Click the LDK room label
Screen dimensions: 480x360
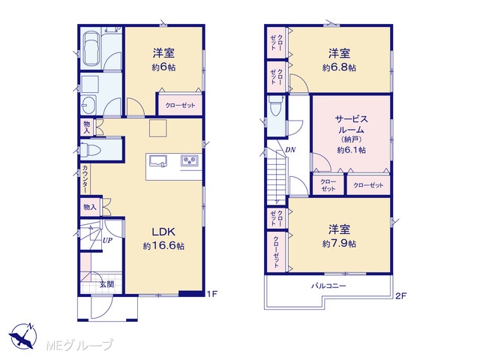(x=163, y=232)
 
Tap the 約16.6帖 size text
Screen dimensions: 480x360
(x=163, y=246)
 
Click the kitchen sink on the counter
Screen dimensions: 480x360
(x=158, y=160)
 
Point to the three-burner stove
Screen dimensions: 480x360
(x=190, y=160)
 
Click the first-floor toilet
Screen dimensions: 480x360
(x=91, y=150)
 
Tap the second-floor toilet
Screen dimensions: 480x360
(x=275, y=105)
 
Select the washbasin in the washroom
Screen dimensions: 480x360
(x=88, y=105)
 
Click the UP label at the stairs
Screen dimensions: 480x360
(x=107, y=241)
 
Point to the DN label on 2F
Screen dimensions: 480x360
(x=290, y=150)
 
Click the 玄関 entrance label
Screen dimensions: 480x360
(x=106, y=284)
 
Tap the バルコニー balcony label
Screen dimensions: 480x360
(x=328, y=286)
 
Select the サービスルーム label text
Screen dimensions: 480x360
(x=352, y=124)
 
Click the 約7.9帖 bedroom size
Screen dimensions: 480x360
(x=339, y=244)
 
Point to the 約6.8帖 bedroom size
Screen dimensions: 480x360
(x=339, y=67)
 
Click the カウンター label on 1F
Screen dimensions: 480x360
(x=85, y=178)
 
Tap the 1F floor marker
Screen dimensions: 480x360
(x=211, y=294)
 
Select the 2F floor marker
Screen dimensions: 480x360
(x=400, y=295)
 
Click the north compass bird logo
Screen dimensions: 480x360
(x=22, y=335)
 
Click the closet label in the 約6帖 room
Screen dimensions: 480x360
(x=180, y=106)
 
